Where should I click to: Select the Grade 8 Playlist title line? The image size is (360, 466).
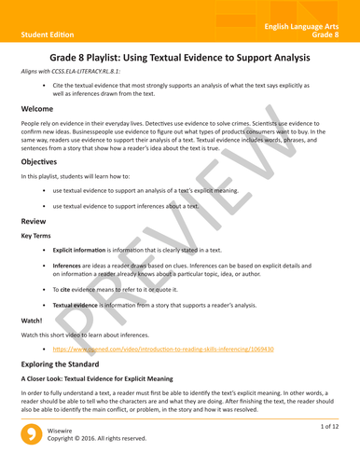[x=180, y=58]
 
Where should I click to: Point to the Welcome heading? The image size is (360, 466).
[x=42, y=110]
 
